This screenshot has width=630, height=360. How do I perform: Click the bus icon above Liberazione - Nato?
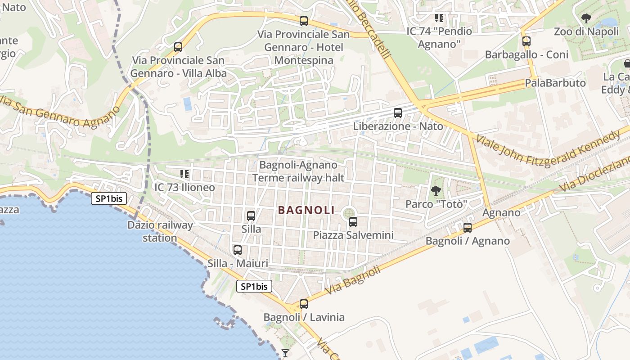(x=398, y=113)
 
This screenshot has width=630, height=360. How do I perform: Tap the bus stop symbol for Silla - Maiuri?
(x=238, y=250)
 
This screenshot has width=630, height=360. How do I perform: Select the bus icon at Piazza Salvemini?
(x=353, y=222)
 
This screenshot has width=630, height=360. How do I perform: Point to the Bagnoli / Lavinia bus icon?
(x=304, y=304)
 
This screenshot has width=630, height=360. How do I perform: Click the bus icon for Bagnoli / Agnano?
(x=468, y=228)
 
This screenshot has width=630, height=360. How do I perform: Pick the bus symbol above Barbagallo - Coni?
(x=526, y=41)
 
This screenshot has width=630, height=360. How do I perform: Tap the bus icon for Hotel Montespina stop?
(x=304, y=21)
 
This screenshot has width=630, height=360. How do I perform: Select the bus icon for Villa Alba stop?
(x=178, y=47)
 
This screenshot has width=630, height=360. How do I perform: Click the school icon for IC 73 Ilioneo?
(x=184, y=174)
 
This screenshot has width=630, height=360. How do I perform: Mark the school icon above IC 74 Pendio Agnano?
(x=439, y=18)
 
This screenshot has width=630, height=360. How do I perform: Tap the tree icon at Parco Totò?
(x=436, y=191)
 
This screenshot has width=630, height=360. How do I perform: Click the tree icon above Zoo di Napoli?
(x=586, y=18)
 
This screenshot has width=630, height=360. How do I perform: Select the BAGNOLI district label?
(x=306, y=210)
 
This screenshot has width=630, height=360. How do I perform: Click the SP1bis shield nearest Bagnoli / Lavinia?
(x=254, y=286)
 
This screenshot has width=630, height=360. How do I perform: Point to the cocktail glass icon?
(x=285, y=353)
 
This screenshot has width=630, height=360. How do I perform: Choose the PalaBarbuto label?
(x=555, y=83)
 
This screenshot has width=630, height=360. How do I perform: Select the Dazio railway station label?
(x=160, y=231)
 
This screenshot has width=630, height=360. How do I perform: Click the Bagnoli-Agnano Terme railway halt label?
(x=298, y=171)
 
